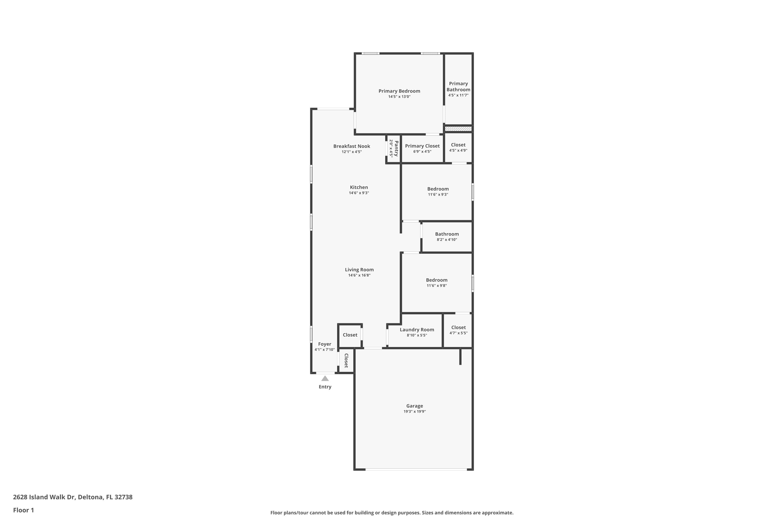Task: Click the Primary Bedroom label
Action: click(399, 91)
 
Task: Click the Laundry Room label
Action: click(417, 329)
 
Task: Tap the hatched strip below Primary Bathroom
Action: click(458, 129)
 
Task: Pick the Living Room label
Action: click(359, 270)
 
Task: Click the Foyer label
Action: click(324, 344)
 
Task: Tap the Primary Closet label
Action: click(422, 146)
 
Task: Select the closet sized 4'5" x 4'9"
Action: click(458, 147)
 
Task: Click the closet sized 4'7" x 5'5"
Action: click(458, 330)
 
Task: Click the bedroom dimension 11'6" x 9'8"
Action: click(436, 286)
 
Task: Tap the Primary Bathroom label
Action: click(458, 86)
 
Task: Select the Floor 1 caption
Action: click(23, 510)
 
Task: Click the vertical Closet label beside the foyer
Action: click(346, 360)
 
